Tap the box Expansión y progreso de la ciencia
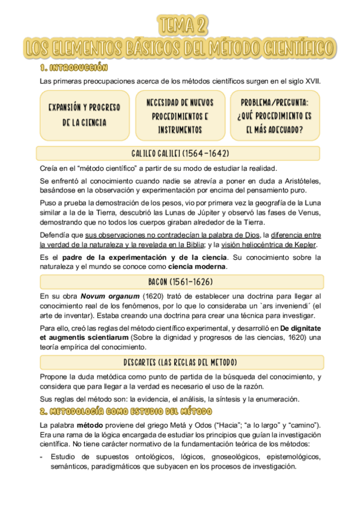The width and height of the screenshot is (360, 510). (84, 115)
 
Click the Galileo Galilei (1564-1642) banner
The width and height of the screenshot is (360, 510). (180, 153)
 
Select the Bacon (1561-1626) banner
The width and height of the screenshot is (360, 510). (180, 281)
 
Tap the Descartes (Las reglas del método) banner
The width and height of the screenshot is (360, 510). (180, 362)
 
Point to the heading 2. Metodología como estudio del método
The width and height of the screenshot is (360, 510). (126, 412)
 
